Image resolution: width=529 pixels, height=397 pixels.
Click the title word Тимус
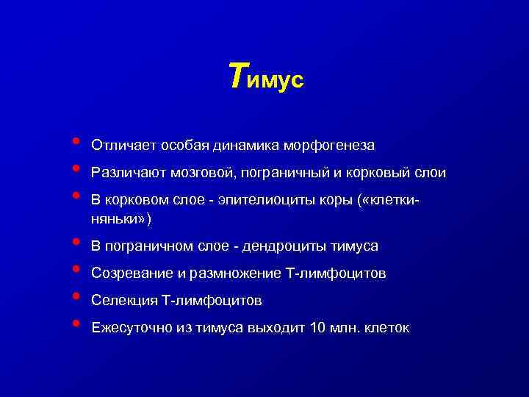point(265,77)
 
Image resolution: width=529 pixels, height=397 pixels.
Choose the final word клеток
point(388,328)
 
